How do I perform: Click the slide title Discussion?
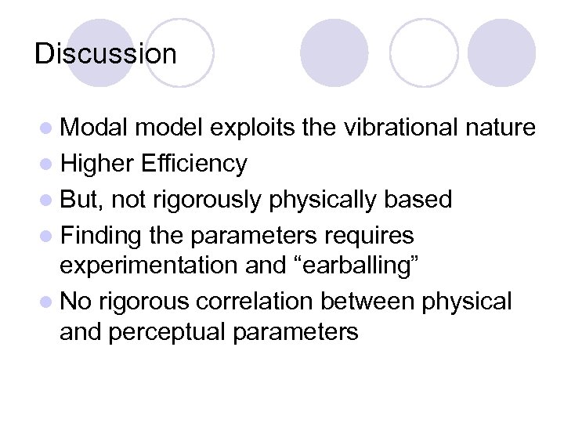(106, 54)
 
